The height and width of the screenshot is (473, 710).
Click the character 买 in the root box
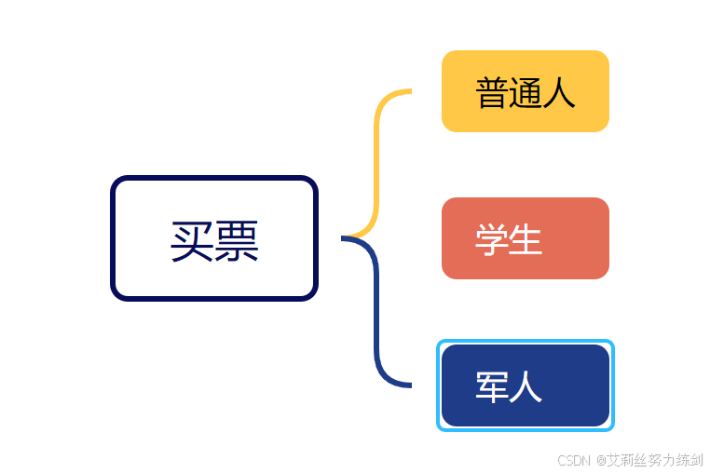point(193,241)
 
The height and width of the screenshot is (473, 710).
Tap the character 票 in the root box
point(237,241)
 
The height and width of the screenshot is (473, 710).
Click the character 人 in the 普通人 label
point(559,92)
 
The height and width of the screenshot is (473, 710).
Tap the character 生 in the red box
point(526,239)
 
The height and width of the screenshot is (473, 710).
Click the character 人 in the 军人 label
point(526,386)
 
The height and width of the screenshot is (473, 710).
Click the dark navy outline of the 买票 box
point(114,238)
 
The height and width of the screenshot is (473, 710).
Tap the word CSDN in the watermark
point(575,460)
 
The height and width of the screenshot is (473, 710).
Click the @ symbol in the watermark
point(601,460)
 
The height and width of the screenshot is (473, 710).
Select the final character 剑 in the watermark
point(696,460)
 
